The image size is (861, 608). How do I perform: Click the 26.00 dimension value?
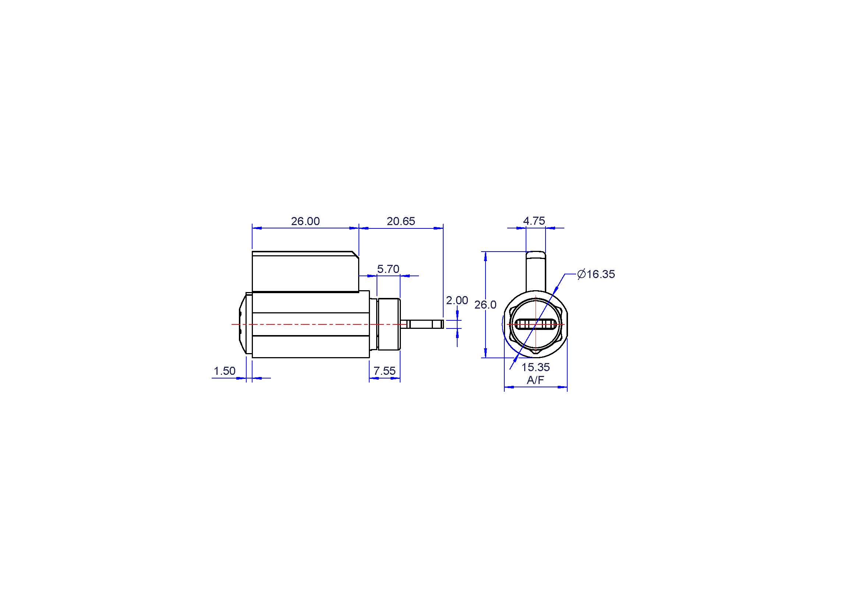[305, 221]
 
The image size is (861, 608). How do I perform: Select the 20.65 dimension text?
[401, 221]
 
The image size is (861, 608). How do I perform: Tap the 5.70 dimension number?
[388, 269]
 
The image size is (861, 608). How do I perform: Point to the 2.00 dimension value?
[457, 300]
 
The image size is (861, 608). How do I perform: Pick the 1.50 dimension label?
[224, 371]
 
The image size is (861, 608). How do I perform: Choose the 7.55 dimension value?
[384, 371]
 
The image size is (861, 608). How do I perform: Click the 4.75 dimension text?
[534, 221]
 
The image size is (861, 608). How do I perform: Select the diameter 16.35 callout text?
[596, 274]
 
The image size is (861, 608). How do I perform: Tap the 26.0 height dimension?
[485, 305]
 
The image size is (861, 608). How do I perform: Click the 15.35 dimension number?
[536, 367]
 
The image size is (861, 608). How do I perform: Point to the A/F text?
[536, 380]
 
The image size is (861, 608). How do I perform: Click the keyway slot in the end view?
[536, 324]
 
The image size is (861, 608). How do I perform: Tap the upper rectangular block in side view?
[306, 271]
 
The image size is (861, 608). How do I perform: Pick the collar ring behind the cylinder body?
[389, 324]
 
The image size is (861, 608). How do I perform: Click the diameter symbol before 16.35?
[582, 274]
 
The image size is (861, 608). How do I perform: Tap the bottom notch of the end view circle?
[536, 351]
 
